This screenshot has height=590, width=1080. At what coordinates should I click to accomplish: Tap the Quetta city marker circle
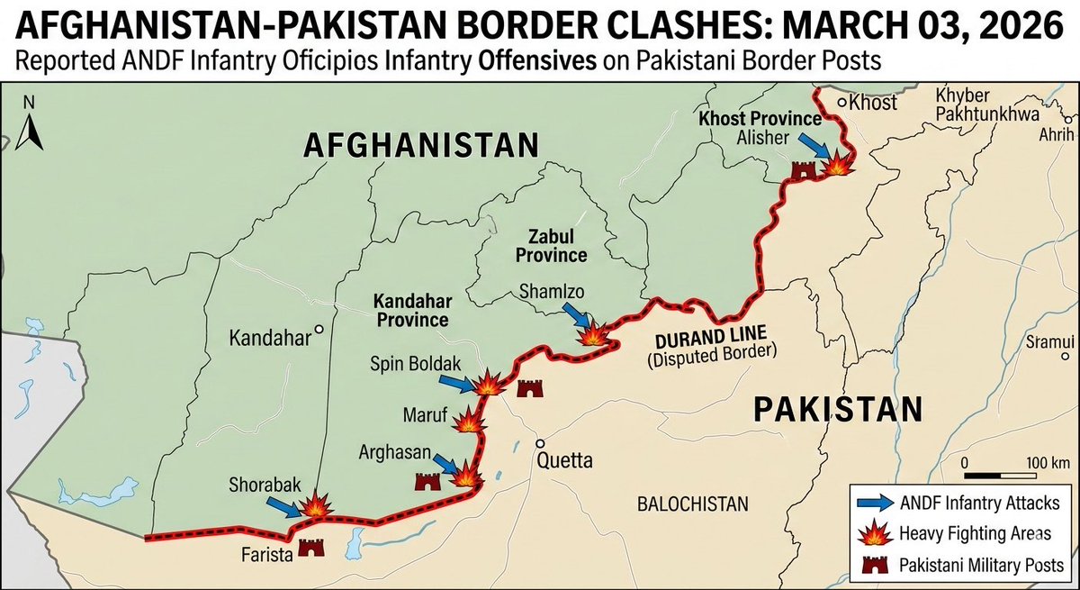[541, 444]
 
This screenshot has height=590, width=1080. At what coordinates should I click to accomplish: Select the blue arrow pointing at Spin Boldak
[457, 383]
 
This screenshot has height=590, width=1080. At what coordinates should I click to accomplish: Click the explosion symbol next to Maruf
[470, 421]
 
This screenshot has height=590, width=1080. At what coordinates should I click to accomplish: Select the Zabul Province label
[533, 245]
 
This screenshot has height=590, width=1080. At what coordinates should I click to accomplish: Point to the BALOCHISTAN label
[691, 503]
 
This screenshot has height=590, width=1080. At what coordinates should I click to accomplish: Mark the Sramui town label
[1050, 341]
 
